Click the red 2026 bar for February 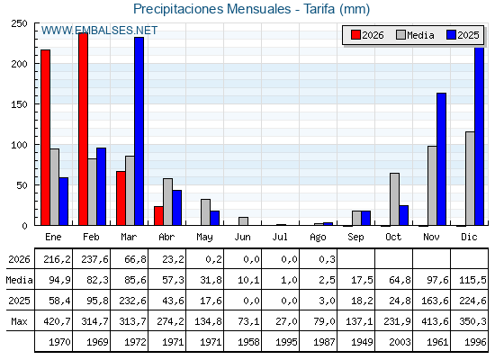83,129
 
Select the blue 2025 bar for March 139,131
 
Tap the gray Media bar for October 395,199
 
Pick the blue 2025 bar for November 441,159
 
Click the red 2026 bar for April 158,216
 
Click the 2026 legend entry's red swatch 355,35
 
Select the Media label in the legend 420,35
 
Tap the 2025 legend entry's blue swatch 451,35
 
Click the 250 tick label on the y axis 19,23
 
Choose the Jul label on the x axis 280,238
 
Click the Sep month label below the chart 355,238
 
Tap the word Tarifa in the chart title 319,9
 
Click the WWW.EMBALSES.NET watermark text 99,31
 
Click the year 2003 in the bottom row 400,342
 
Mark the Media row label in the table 19,280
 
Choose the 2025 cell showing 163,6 435,301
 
